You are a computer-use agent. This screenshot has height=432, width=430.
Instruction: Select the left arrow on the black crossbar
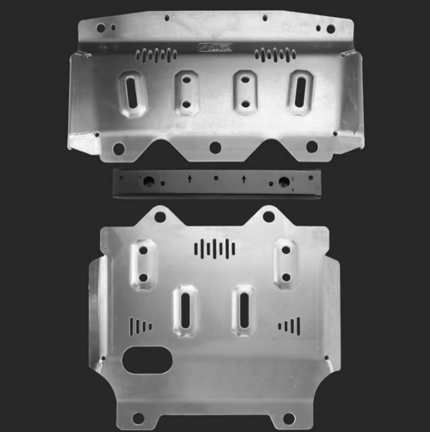(190, 178)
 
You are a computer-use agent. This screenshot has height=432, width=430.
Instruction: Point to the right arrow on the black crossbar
(244, 178)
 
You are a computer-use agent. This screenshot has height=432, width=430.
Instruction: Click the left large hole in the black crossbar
(147, 181)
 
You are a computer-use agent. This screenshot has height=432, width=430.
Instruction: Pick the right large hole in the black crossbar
(284, 181)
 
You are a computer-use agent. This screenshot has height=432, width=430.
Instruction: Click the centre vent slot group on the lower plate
(215, 247)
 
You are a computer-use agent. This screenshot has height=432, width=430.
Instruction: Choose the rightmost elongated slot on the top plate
(300, 93)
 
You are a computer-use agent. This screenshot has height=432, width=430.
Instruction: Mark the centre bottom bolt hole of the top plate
(215, 147)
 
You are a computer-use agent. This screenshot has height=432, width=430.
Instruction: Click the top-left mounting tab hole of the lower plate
(160, 216)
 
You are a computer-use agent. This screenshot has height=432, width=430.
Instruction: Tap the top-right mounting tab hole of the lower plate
(269, 216)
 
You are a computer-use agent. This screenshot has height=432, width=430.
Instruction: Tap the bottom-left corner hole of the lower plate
(139, 418)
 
